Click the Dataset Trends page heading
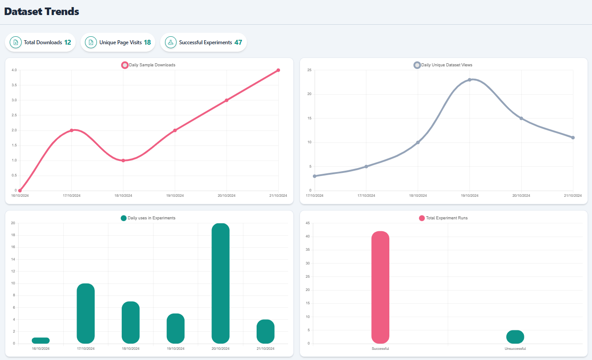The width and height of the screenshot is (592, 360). (42, 11)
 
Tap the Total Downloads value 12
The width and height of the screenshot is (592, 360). (68, 42)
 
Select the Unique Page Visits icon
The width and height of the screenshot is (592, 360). (91, 42)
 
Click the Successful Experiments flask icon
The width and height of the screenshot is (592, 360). (170, 42)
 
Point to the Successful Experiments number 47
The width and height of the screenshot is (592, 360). (238, 42)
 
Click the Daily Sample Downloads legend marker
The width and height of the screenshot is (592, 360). (125, 65)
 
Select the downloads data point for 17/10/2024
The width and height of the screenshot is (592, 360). (71, 130)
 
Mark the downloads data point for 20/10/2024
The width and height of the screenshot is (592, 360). (227, 100)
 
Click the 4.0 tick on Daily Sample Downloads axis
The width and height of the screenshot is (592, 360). (14, 70)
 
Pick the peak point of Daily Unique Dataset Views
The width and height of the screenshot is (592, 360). (469, 80)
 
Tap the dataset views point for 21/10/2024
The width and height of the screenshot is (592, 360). (573, 138)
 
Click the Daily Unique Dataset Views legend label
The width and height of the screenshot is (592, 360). (446, 65)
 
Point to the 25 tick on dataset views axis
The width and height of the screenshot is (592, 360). (309, 70)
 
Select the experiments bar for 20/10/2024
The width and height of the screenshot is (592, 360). (220, 283)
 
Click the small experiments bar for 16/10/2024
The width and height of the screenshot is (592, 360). (41, 341)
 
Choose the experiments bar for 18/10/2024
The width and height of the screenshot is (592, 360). (131, 322)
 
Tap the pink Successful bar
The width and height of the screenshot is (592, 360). (380, 287)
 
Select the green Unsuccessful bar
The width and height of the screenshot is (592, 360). (515, 337)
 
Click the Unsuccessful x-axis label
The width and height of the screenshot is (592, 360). (515, 349)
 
